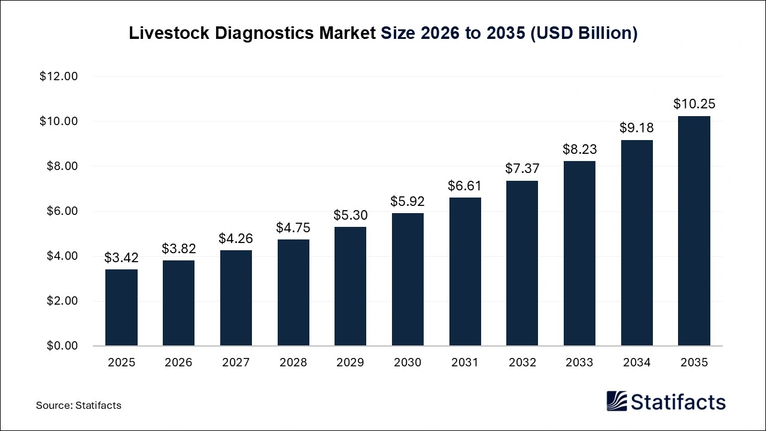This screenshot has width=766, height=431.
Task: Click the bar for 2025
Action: point(121,308)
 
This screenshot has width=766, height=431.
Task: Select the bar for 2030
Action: point(408,280)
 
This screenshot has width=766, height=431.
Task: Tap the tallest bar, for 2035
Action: point(694,230)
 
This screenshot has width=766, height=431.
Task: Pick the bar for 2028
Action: point(293,293)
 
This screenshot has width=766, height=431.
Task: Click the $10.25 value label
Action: point(694,104)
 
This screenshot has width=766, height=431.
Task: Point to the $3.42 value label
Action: point(121,258)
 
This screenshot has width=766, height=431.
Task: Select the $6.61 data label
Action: point(464,186)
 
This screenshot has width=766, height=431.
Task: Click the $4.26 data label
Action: point(236,239)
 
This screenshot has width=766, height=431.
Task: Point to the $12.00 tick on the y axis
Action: point(59,77)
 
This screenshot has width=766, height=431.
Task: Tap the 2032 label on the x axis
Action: point(522,363)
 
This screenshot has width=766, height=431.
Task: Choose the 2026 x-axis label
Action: point(178,363)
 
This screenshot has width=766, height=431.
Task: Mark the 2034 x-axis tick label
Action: point(636,363)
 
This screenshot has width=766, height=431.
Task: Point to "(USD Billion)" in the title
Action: point(583,34)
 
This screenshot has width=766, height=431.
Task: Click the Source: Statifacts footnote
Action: point(78,405)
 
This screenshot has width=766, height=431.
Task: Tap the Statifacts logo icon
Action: point(616,401)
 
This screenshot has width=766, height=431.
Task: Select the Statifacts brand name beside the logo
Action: point(678,402)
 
